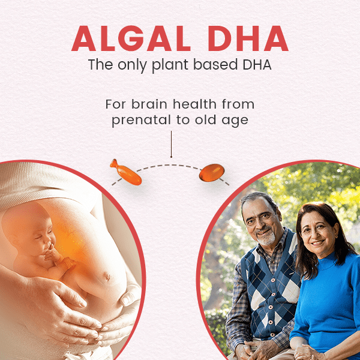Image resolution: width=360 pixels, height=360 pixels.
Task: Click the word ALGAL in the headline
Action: coord(131,38)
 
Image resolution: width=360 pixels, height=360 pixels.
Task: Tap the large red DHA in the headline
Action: coord(248,38)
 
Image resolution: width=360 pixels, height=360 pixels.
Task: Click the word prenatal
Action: coord(141,120)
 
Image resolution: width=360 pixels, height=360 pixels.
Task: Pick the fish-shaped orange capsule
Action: coord(126,172)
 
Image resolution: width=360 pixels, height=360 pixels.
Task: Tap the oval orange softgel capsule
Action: coord(212,172)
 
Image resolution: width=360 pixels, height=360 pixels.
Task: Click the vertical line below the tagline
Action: coord(171,144)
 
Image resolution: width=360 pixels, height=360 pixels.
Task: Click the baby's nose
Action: coord(49,243)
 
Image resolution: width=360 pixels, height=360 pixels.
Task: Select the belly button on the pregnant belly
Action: coord(107,276)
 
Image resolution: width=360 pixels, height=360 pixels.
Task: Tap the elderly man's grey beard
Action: coord(266,238)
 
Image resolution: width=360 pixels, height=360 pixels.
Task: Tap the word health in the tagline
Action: coord(194,104)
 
